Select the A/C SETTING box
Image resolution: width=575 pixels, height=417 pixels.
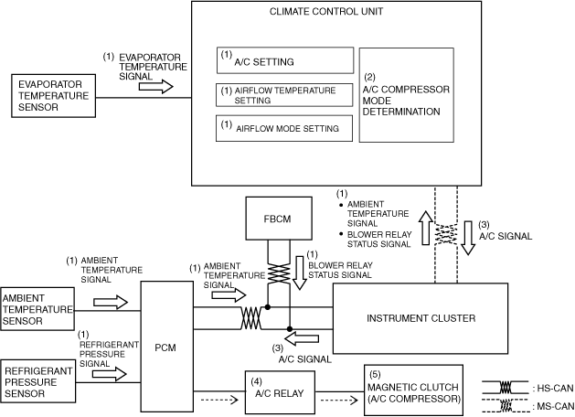(285, 61)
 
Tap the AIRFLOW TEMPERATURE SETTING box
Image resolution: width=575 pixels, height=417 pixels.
(285, 95)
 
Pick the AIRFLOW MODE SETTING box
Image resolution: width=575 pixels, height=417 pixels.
(285, 128)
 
